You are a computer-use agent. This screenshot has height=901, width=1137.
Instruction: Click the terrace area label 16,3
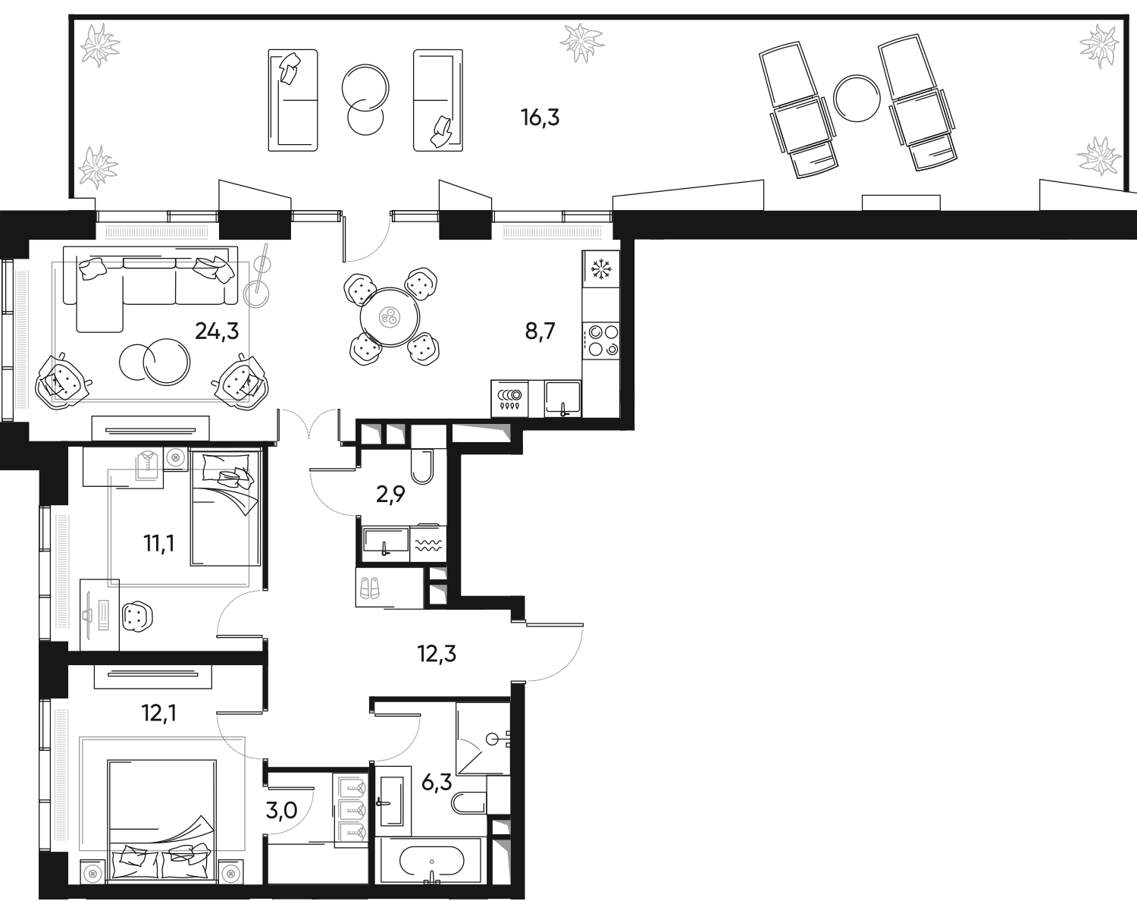pos(540,118)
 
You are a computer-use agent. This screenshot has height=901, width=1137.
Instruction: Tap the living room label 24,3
pos(217,331)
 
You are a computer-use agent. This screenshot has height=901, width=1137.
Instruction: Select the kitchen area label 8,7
pos(540,331)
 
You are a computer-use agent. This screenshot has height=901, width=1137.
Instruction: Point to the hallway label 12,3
pos(437,654)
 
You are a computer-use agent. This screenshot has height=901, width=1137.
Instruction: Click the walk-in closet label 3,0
pos(282,810)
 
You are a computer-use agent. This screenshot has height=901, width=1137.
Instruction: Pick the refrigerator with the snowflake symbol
pos(601,269)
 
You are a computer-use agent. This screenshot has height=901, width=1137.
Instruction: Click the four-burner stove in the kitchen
pos(601,341)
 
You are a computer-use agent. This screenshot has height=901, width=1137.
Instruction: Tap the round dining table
pos(390,317)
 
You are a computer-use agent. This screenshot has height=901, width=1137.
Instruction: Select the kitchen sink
pos(562,398)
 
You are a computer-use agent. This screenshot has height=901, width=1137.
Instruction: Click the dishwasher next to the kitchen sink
pos(510,398)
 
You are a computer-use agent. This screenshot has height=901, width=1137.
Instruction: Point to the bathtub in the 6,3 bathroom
pos(431,861)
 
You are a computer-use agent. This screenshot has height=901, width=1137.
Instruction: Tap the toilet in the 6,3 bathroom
pos(469,802)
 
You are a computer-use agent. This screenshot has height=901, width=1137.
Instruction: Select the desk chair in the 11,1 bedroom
pos(137,617)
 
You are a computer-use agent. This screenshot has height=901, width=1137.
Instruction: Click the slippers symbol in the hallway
pos(370,588)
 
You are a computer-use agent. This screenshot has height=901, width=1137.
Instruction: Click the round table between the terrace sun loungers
pos(857,99)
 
